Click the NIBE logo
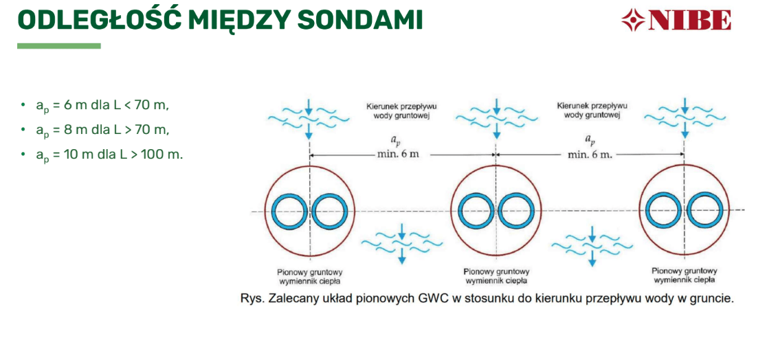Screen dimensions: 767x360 tap(676, 21)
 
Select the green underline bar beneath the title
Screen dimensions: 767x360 tap(58, 46)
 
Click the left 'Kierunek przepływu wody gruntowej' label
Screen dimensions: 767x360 tap(401, 111)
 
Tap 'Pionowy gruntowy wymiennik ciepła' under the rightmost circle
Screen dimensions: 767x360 tap(685, 275)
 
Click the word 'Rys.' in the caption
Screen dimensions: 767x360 tap(250, 299)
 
